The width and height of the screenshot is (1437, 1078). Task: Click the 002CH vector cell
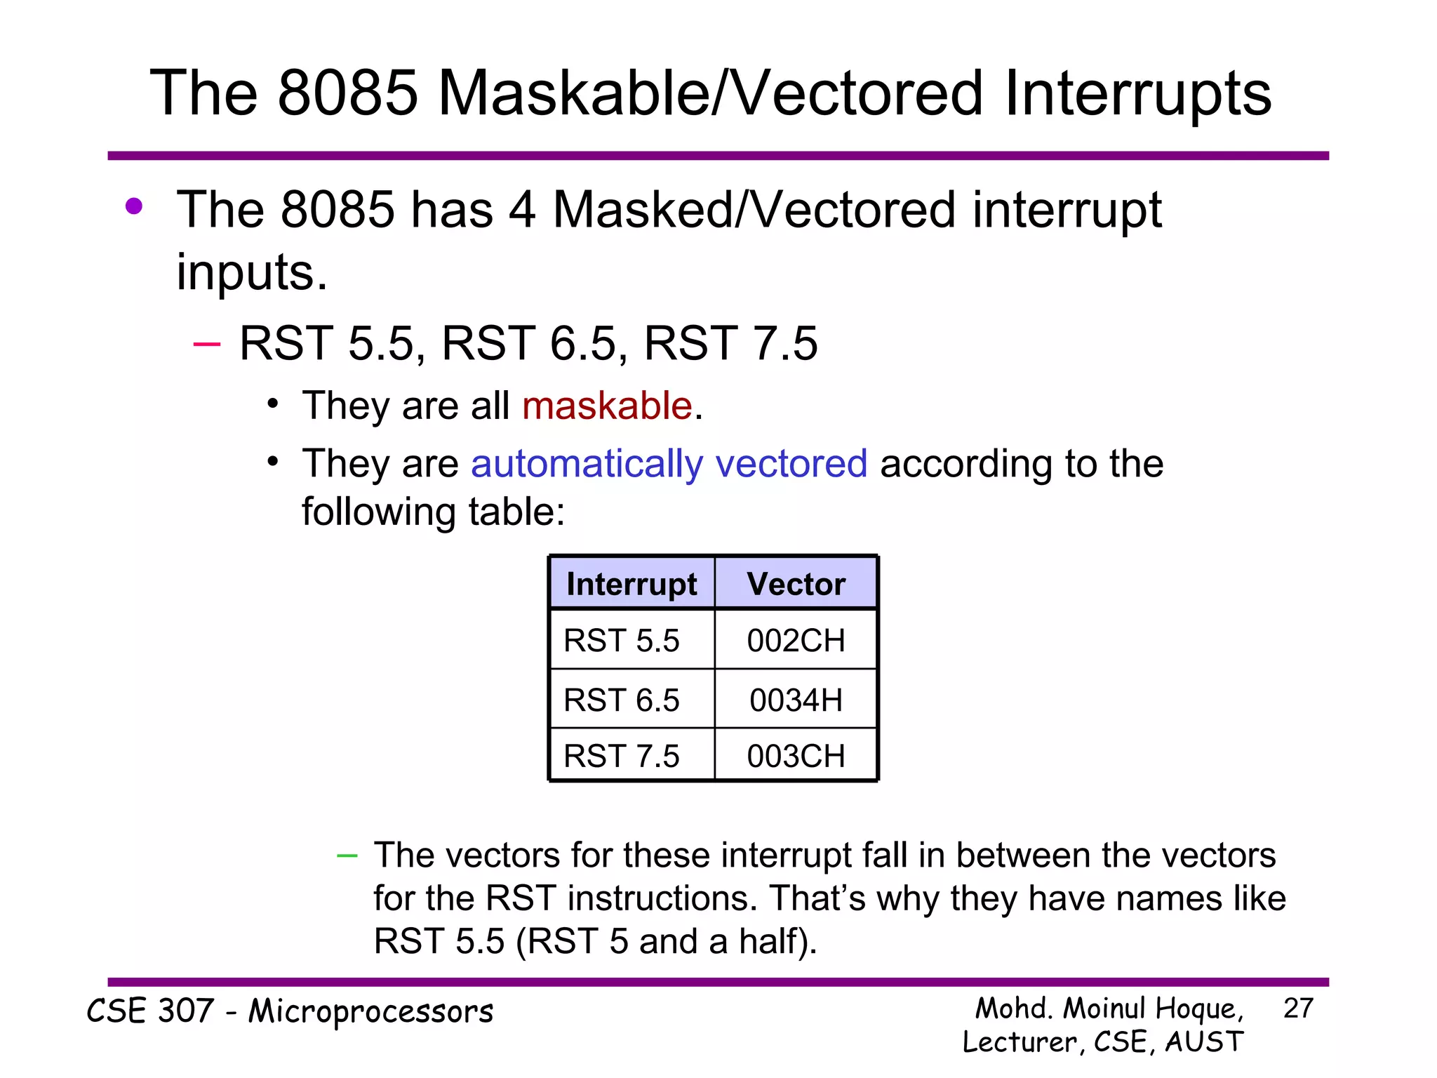[x=796, y=640]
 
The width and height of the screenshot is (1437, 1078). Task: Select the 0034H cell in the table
[x=796, y=700]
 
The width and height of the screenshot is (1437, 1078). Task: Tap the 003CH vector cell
[x=796, y=756]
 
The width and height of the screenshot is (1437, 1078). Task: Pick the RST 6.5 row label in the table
[x=622, y=700]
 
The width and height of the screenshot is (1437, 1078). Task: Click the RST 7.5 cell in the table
[x=622, y=756]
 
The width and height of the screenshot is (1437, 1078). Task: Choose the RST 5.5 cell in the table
[x=622, y=640]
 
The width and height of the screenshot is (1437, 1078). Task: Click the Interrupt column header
[x=631, y=584]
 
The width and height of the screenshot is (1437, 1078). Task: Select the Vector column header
[x=796, y=584]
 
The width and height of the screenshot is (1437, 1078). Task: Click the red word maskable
[x=607, y=406]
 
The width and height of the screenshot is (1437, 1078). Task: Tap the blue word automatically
[x=587, y=465]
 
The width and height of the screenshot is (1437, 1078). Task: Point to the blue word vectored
[x=791, y=464]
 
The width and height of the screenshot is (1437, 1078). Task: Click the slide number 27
[x=1297, y=1009]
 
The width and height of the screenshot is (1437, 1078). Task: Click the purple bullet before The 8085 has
[x=133, y=206]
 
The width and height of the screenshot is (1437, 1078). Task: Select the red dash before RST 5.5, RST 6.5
[x=206, y=344]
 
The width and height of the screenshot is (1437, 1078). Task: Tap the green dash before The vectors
[x=347, y=856]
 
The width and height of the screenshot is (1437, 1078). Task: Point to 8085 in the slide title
[x=348, y=93]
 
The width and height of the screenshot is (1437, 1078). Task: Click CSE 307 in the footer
[x=150, y=1011]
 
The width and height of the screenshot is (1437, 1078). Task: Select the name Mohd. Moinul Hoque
[x=1109, y=1009]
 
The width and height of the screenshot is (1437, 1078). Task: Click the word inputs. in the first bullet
[x=251, y=272]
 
